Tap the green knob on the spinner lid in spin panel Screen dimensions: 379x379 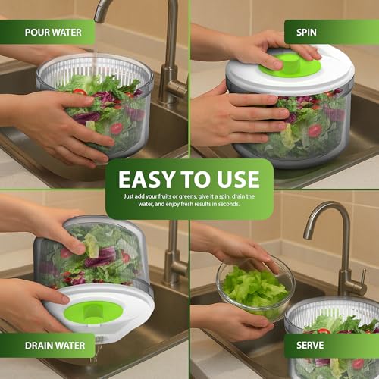click(x=288, y=64)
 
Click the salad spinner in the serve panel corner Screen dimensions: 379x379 click(x=334, y=334)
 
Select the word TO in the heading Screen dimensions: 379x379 click(x=196, y=180)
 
